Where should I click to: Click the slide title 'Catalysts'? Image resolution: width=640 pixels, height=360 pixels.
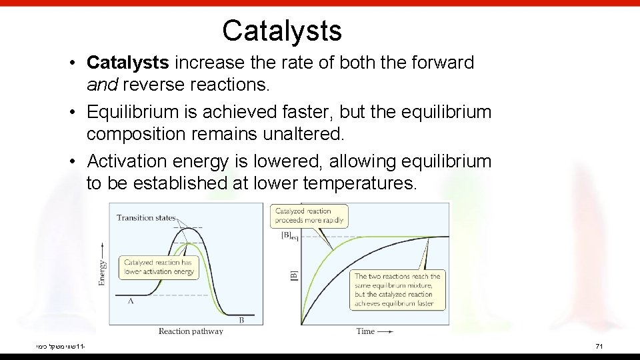tap(281, 31)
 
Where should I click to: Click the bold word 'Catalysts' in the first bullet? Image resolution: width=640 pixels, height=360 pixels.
tap(128, 63)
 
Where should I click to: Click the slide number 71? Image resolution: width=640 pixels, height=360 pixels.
tap(598, 347)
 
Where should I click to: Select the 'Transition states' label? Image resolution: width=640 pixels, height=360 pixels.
tap(146, 217)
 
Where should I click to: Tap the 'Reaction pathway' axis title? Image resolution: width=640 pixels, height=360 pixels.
tap(191, 331)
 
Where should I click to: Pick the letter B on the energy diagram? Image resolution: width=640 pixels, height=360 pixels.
tap(241, 320)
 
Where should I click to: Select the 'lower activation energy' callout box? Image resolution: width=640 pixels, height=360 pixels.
tap(159, 267)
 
